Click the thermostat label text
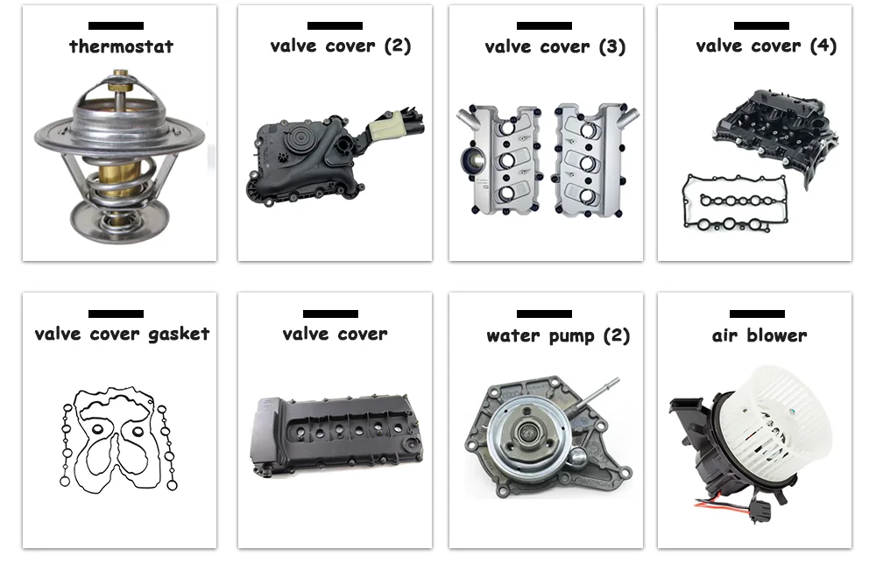tap(121, 46)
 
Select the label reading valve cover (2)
tap(340, 46)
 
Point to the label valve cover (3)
tap(555, 46)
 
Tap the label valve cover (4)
tap(766, 46)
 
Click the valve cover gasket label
tap(122, 334)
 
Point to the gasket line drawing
tap(119, 438)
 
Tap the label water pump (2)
tap(557, 335)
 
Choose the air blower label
tap(759, 335)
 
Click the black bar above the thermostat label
tap(116, 26)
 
